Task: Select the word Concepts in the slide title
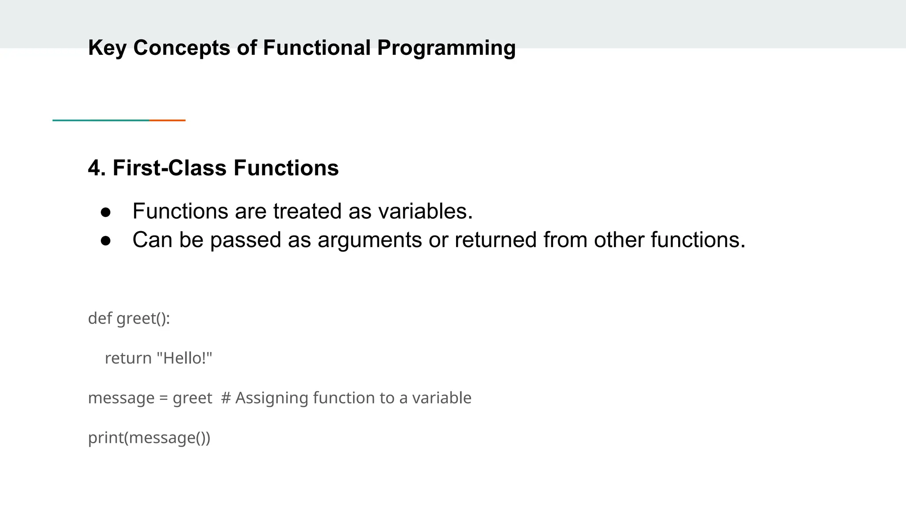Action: (x=181, y=48)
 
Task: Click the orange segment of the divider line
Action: (x=168, y=120)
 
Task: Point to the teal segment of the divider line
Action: (x=101, y=120)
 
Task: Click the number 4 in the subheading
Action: (x=94, y=168)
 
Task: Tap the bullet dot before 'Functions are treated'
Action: (x=106, y=212)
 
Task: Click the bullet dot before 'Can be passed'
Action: (x=106, y=241)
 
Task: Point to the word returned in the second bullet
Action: (x=495, y=240)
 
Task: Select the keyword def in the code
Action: (x=100, y=318)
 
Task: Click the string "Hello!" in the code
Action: (x=185, y=358)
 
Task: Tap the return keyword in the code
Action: (x=128, y=358)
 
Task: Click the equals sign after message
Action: (x=164, y=398)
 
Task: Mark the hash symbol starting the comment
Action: (x=226, y=398)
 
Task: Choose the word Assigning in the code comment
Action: (x=271, y=398)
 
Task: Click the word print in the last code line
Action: (x=105, y=437)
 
